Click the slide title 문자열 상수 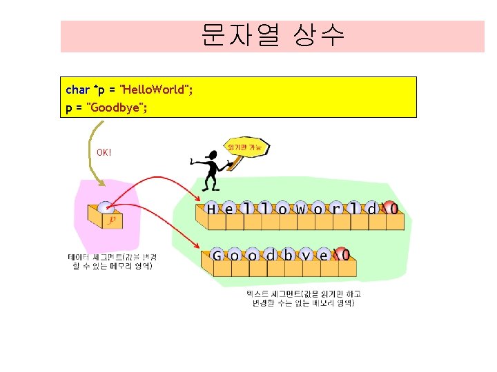[x=273, y=34]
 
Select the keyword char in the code [x=77, y=90]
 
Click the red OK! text [x=104, y=152]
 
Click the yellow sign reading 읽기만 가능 [x=246, y=147]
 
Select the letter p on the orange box [x=112, y=220]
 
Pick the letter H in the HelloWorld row [x=211, y=208]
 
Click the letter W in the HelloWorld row [x=301, y=208]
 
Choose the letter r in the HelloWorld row [x=337, y=208]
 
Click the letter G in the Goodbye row [x=217, y=256]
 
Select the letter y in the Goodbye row [x=306, y=256]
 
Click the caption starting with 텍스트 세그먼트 [x=304, y=298]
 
